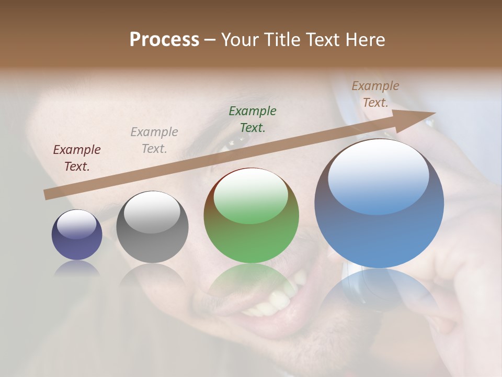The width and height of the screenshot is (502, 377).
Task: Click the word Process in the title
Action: [x=164, y=40]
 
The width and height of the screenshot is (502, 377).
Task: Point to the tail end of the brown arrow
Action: [x=48, y=194]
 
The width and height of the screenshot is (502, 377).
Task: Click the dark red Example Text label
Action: [x=77, y=158]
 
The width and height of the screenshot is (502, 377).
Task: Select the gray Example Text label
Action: [x=154, y=140]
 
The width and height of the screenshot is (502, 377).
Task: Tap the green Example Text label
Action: [x=253, y=119]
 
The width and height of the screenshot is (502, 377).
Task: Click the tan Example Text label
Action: [x=375, y=94]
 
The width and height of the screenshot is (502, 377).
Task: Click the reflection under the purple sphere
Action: [x=77, y=268]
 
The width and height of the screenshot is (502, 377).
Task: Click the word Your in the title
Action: [x=240, y=40]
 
